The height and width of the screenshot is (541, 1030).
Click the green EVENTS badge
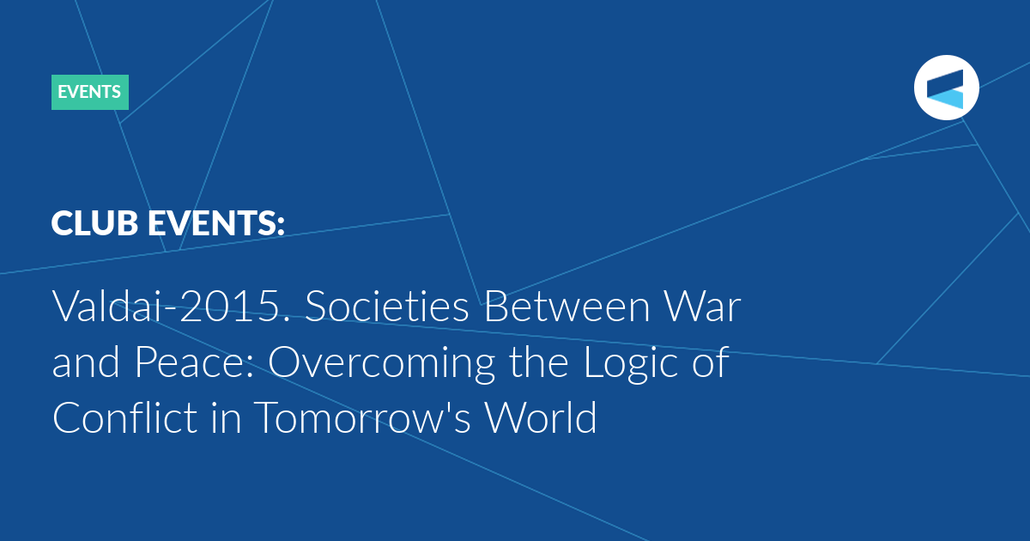[x=90, y=92]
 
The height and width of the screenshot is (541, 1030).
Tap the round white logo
[x=946, y=88]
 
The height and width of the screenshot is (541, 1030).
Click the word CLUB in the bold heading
[x=94, y=223]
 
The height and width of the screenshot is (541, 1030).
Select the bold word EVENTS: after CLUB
[x=216, y=223]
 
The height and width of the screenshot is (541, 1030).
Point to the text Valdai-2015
[x=171, y=306]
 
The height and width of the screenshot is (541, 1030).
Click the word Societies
[x=387, y=306]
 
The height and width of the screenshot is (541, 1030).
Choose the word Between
[x=567, y=306]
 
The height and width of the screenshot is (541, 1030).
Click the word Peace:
[x=194, y=362]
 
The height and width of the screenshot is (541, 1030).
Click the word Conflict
[x=125, y=417]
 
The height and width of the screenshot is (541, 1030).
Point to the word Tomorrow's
[x=362, y=417]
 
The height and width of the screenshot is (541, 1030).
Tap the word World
[x=542, y=417]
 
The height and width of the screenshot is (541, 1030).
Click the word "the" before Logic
[x=539, y=362]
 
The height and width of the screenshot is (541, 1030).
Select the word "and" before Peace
[x=86, y=362]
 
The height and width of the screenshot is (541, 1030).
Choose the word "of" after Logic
[x=711, y=362]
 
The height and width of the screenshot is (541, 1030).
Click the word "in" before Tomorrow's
[x=226, y=417]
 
